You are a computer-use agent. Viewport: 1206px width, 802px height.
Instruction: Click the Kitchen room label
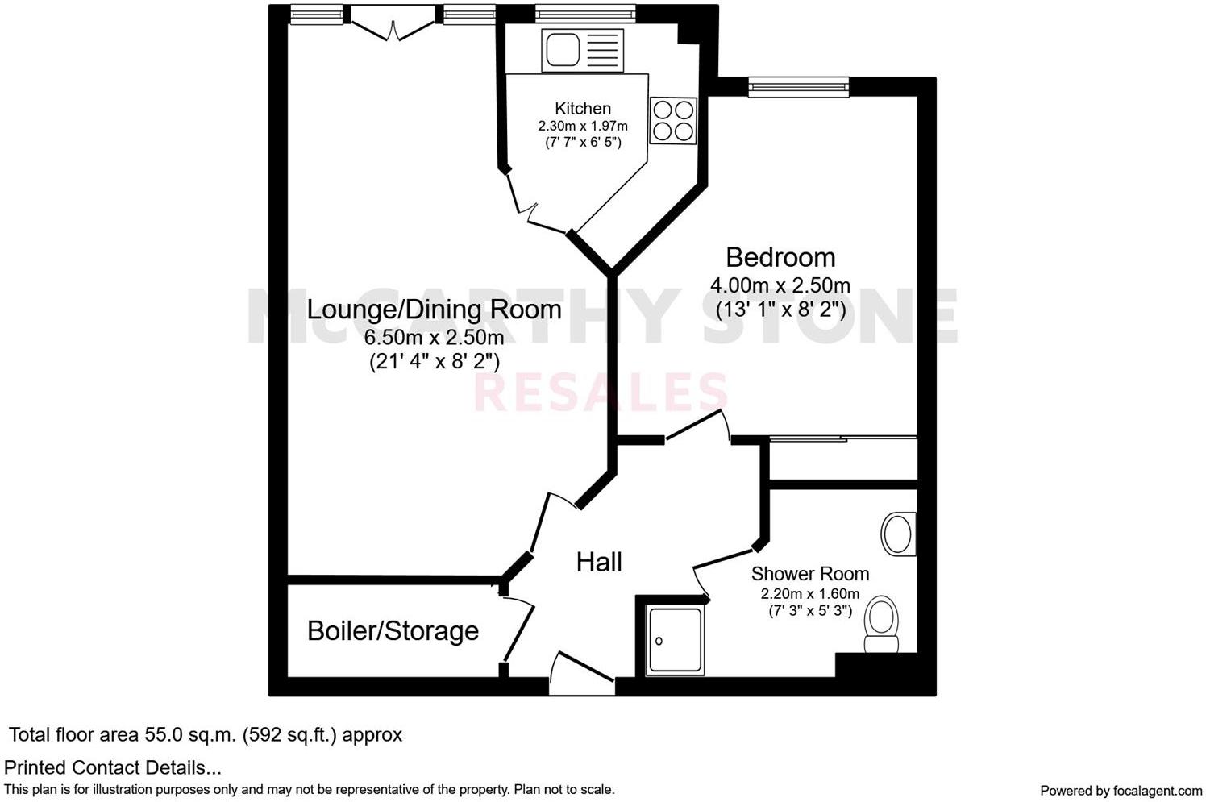(x=582, y=108)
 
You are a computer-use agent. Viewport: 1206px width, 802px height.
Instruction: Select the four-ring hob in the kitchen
(x=672, y=121)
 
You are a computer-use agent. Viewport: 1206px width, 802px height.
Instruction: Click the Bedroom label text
(x=780, y=257)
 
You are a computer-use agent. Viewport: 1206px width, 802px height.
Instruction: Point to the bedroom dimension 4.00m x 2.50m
(x=780, y=285)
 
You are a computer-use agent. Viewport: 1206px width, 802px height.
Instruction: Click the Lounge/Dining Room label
(x=434, y=309)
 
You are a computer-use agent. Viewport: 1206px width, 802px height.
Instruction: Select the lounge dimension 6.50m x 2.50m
(x=434, y=337)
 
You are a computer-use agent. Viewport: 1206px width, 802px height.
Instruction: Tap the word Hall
(x=598, y=562)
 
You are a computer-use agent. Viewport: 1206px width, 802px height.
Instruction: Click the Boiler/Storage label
(x=393, y=630)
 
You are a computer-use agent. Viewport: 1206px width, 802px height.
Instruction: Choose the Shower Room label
(x=809, y=574)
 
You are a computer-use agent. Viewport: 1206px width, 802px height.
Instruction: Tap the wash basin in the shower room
(x=897, y=534)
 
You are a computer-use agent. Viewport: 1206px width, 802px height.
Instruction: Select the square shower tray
(x=675, y=641)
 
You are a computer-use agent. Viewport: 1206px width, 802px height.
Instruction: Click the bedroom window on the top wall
(x=798, y=86)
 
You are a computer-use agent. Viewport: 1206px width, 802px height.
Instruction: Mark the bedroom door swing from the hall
(x=698, y=427)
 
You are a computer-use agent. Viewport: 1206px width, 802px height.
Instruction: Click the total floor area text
(x=205, y=734)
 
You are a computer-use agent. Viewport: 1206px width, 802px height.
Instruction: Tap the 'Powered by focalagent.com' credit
(x=1121, y=790)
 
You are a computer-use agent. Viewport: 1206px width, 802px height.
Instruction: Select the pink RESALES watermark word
(x=601, y=393)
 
